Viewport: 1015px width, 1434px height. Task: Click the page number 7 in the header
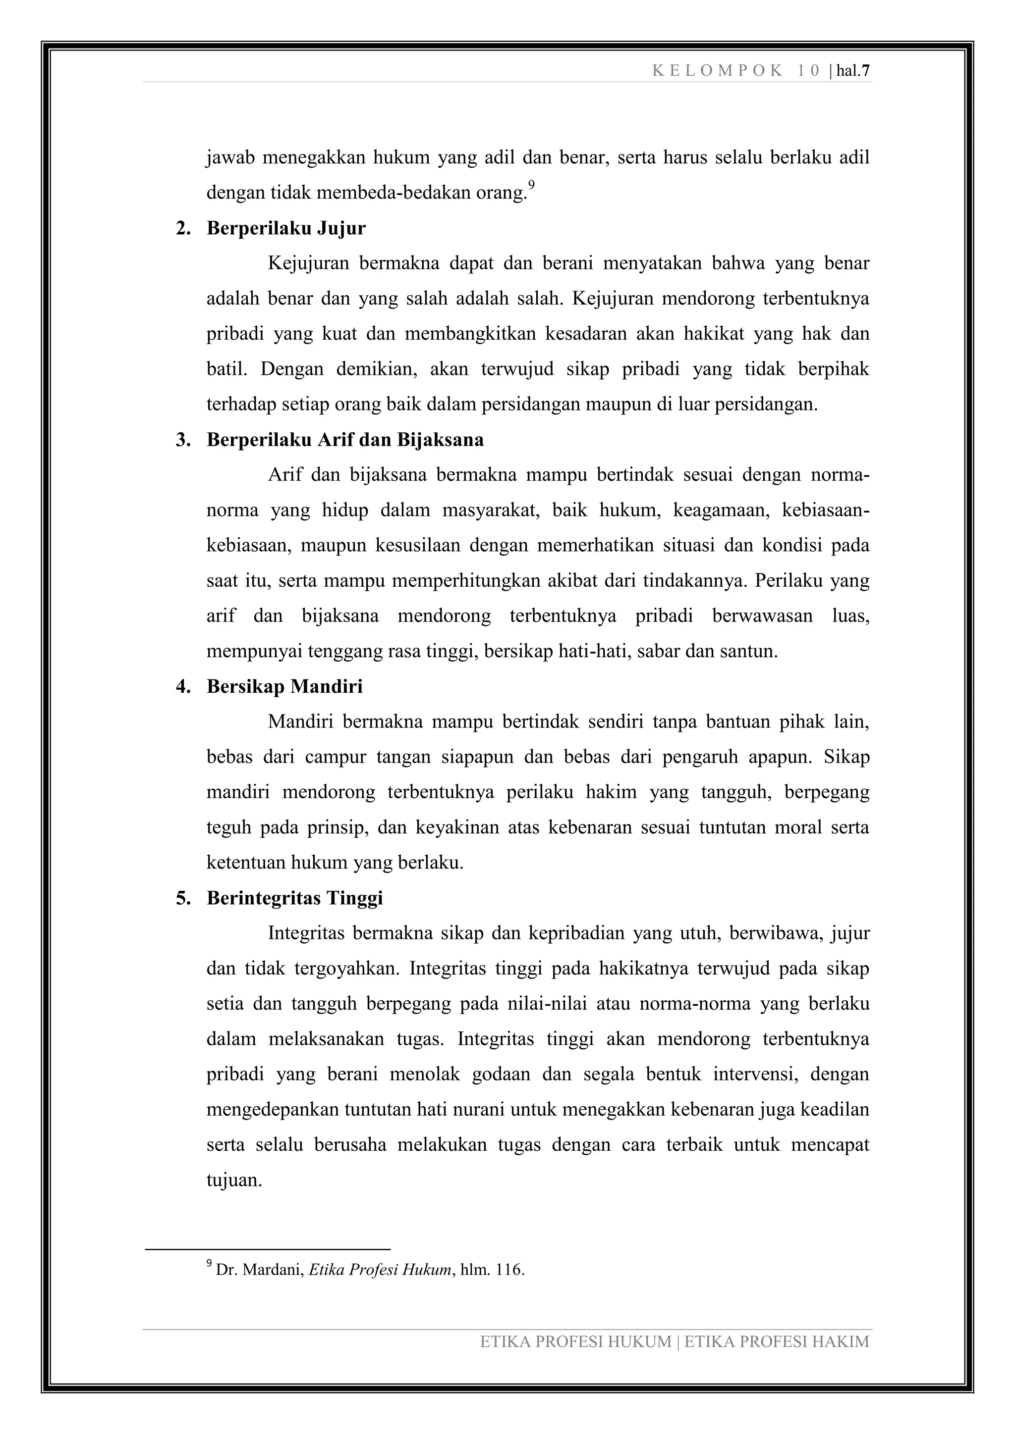(x=866, y=71)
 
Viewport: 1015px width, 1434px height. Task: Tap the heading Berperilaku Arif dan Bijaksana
(x=345, y=440)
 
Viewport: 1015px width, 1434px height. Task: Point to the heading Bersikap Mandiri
(x=284, y=686)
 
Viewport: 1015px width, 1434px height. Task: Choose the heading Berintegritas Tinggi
(x=294, y=898)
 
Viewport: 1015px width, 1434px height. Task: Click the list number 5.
(x=182, y=898)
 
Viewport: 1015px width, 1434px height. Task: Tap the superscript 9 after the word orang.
(x=531, y=185)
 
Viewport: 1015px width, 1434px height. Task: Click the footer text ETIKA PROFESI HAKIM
(x=777, y=1341)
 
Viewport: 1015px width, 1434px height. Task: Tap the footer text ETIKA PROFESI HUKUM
(x=575, y=1341)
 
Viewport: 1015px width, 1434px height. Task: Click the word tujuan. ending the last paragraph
(x=234, y=1180)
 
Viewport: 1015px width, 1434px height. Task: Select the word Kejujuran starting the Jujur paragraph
(x=308, y=263)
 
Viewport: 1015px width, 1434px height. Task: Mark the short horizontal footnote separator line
(x=268, y=1249)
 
